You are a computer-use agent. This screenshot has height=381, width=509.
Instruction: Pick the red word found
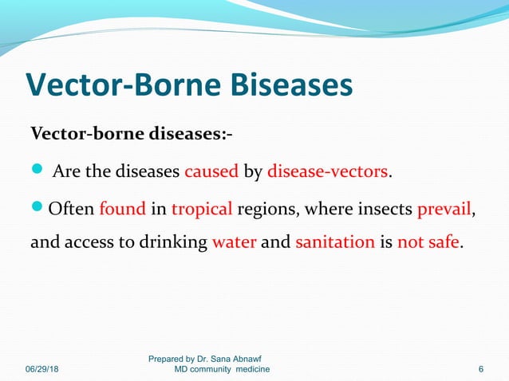pyautogui.click(x=122, y=210)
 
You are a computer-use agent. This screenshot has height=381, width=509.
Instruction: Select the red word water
pyautogui.click(x=234, y=242)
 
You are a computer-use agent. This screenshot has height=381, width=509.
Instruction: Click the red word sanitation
pyautogui.click(x=334, y=242)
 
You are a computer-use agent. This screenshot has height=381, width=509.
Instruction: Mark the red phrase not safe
pyautogui.click(x=428, y=242)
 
